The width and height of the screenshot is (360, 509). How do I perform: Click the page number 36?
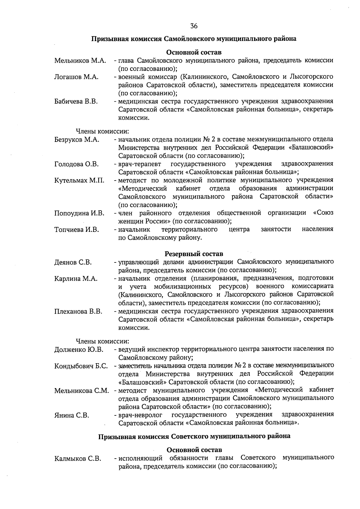pos(194,26)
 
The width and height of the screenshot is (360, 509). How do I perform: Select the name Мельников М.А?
pos(80,61)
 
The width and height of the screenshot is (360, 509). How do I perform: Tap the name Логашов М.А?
pos(76,77)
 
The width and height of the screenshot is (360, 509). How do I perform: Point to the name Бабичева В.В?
pos(76,101)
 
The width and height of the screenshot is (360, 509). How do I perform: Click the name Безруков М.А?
pos(77,140)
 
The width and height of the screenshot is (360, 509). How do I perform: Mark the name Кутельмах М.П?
pos(79,181)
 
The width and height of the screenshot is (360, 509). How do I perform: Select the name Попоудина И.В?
pos(79,213)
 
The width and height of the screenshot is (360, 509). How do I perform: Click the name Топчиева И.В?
pos(76,230)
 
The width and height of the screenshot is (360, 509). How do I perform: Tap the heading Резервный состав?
pos(194,254)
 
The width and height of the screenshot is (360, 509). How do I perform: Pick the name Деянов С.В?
pos(73,262)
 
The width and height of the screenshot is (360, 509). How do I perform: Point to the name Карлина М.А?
pos(76,279)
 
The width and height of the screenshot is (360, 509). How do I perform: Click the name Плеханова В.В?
pos(78,311)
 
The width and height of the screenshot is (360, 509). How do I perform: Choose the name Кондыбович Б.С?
pos(81,366)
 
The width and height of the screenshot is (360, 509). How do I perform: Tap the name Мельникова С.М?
pos(81,391)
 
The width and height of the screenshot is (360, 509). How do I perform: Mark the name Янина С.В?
pos(72,415)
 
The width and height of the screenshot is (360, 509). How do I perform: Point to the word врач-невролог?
pos(140,415)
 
